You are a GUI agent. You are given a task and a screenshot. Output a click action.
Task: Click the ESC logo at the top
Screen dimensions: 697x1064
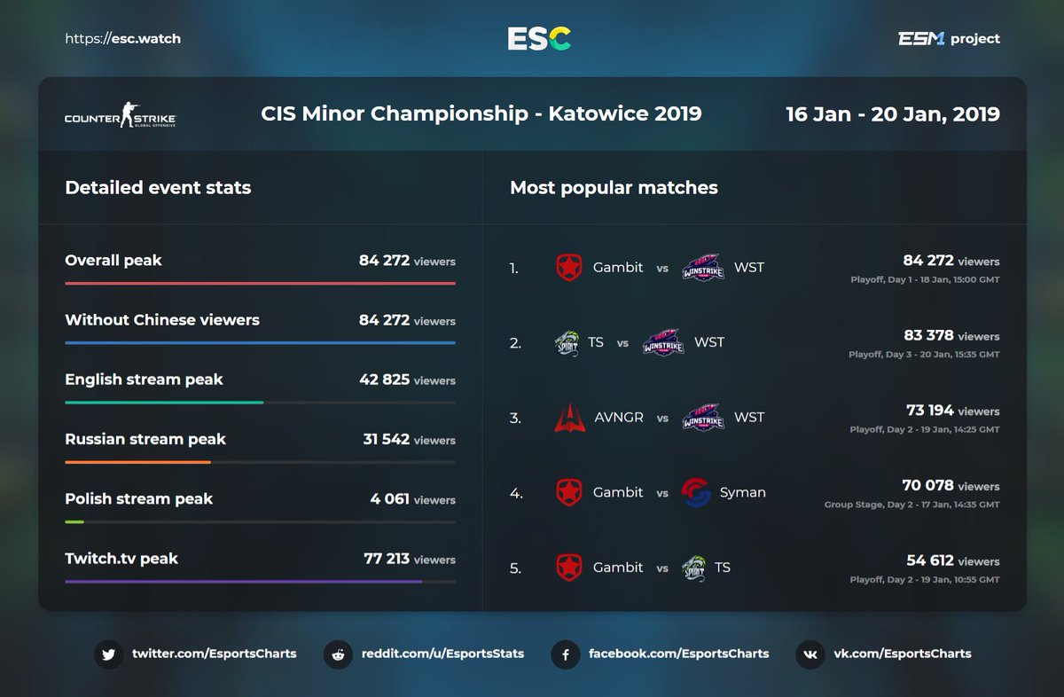coord(539,38)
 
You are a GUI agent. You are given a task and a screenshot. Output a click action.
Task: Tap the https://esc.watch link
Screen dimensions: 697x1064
coord(122,39)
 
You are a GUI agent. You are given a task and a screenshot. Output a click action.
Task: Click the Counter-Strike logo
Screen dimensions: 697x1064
coord(120,115)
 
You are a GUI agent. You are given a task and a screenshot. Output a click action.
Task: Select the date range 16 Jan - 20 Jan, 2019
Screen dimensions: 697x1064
coord(892,114)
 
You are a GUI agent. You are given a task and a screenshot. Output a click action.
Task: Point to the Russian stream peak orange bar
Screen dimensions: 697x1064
coord(137,462)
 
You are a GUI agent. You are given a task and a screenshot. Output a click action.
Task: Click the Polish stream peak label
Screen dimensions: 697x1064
coord(138,498)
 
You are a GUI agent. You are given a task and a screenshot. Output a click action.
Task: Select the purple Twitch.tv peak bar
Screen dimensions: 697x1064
coord(243,582)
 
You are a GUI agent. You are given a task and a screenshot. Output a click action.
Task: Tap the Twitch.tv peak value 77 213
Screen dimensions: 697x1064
coord(387,559)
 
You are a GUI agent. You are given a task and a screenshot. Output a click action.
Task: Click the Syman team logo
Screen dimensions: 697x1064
coord(696,492)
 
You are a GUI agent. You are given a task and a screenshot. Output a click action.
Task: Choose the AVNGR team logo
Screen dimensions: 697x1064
coord(569,418)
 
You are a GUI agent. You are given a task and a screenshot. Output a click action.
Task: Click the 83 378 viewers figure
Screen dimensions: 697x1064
coord(928,335)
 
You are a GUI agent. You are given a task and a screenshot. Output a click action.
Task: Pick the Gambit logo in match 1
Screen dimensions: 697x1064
coord(569,267)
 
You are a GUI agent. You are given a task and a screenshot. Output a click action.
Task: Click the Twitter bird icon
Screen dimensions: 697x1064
coord(108,654)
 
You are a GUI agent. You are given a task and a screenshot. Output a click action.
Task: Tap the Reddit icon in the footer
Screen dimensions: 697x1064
coord(338,654)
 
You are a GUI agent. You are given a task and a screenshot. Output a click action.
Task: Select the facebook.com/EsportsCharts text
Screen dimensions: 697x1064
coord(678,654)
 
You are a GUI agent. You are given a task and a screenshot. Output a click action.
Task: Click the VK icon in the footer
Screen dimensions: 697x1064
coord(810,654)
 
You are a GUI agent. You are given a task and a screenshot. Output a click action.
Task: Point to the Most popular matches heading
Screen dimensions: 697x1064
coord(614,188)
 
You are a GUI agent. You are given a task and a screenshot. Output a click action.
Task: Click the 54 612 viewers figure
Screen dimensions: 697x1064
coord(928,560)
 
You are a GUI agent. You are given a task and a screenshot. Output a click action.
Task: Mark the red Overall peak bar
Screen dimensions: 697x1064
coord(260,284)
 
